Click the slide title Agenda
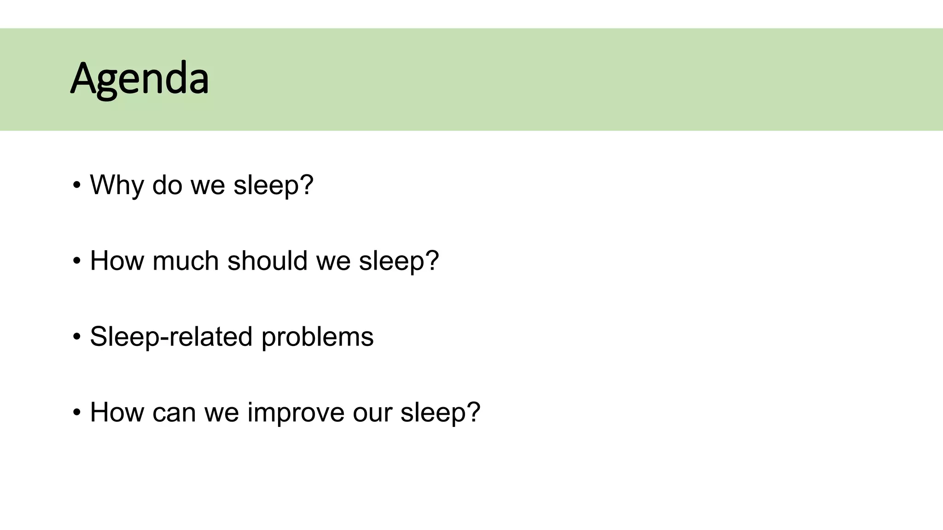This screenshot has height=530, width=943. coord(140,79)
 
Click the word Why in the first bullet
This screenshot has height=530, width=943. coord(116,185)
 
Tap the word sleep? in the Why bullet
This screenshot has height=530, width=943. coord(273,185)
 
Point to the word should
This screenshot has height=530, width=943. coord(267,261)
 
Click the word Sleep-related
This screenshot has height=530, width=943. coord(171,336)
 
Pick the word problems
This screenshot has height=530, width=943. coord(317,337)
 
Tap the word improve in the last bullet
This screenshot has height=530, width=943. coord(296,412)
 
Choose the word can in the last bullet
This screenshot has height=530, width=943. coord(174,412)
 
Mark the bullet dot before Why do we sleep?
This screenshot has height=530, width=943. coord(76,185)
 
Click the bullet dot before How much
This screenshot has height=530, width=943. coord(76,261)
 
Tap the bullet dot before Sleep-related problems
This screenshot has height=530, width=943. coord(76,337)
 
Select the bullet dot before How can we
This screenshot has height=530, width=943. coord(76,412)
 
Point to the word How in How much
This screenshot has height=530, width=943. coord(116,261)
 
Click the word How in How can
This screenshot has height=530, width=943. coord(116,412)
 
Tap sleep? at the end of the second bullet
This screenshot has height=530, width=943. coord(399,261)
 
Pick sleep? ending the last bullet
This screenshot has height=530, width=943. coord(440,412)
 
